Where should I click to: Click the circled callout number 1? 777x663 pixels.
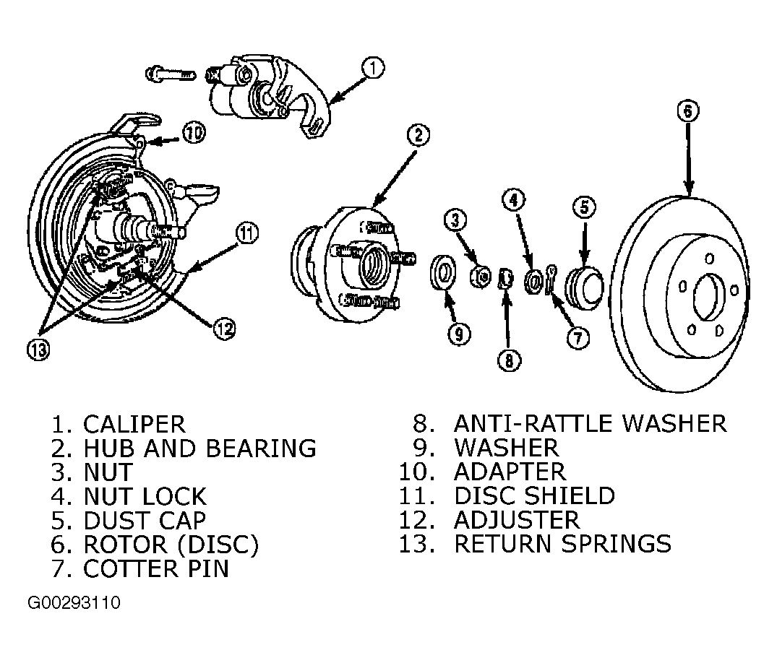coord(373,69)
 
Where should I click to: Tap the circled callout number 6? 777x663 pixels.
coord(688,110)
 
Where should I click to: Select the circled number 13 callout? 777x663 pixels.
coord(38,350)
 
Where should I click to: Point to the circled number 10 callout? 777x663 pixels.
coord(194,132)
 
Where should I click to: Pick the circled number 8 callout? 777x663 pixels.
coord(510,360)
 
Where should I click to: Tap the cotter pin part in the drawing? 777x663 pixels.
coord(551,279)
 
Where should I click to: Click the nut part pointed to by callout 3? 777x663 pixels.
coord(480,277)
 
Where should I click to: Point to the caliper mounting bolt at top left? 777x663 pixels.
coord(170,74)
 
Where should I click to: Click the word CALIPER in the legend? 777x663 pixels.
coord(134,425)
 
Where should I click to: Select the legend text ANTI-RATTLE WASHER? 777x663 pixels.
coord(591,423)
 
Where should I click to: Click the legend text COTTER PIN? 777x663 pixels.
coord(156,568)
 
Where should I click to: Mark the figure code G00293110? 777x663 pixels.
coord(74,603)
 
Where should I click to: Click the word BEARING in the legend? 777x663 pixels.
coord(261,448)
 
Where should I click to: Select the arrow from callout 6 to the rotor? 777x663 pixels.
coord(688,158)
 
